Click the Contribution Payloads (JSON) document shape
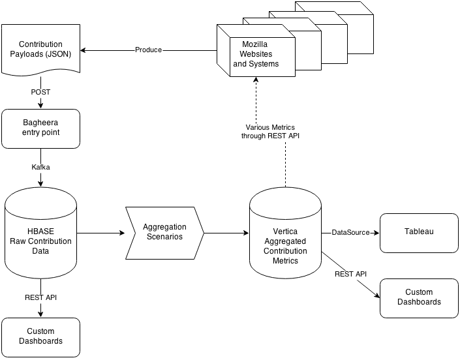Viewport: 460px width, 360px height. tap(40, 50)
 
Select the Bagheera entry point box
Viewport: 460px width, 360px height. tap(40, 128)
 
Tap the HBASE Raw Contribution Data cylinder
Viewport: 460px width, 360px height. tap(40, 233)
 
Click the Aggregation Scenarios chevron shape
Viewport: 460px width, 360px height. tap(164, 233)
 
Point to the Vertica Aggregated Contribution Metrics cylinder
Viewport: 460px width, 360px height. tap(285, 233)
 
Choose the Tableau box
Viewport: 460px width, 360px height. tap(419, 233)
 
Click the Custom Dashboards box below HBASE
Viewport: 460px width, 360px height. tap(40, 337)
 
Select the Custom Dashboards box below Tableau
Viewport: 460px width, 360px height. tap(419, 298)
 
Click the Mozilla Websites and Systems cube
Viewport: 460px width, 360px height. tap(256, 50)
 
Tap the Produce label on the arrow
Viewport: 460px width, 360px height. tap(149, 50)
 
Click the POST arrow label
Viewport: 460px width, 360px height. tap(40, 92)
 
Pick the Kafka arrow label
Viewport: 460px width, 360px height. tap(40, 167)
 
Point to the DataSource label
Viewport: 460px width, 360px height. tap(350, 232)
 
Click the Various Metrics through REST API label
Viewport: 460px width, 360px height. tap(270, 132)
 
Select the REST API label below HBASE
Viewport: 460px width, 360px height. tap(40, 297)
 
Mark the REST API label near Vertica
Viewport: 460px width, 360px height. tap(350, 274)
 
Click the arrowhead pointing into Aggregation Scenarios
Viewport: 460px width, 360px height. tap(122, 233)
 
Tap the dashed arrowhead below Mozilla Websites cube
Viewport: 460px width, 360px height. tap(256, 80)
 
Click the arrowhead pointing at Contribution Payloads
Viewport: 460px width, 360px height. tap(84, 50)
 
